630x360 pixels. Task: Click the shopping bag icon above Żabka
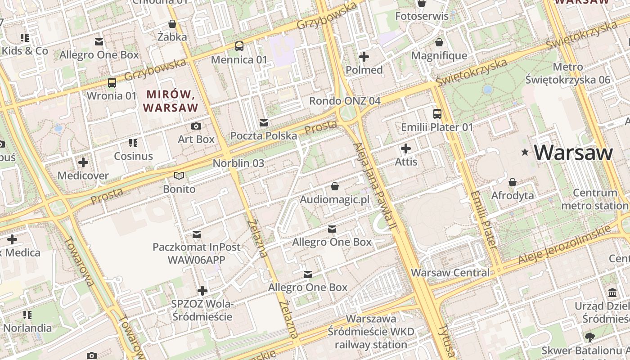(x=172, y=24)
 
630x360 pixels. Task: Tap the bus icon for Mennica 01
(x=239, y=46)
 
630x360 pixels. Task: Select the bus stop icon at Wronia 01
(x=112, y=83)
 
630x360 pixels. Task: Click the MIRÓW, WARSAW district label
(x=171, y=101)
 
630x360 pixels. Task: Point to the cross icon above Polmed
(x=364, y=57)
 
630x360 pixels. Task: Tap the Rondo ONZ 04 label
(x=345, y=101)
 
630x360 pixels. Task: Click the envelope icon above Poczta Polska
(x=264, y=123)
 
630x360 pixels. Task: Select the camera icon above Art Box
(x=196, y=126)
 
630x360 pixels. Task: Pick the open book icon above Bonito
(x=179, y=176)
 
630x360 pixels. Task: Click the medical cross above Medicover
(x=83, y=162)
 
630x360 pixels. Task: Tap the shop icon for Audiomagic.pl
(x=334, y=186)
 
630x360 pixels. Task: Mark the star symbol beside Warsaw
(x=525, y=153)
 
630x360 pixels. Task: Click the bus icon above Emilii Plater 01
(x=437, y=114)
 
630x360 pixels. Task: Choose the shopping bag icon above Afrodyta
(x=512, y=183)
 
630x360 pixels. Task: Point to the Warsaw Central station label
(x=450, y=273)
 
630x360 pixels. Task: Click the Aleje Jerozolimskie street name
(x=566, y=245)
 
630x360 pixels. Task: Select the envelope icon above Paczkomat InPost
(x=197, y=234)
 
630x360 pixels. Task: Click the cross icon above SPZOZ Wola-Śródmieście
(x=202, y=291)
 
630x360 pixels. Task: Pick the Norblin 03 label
(x=238, y=163)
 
